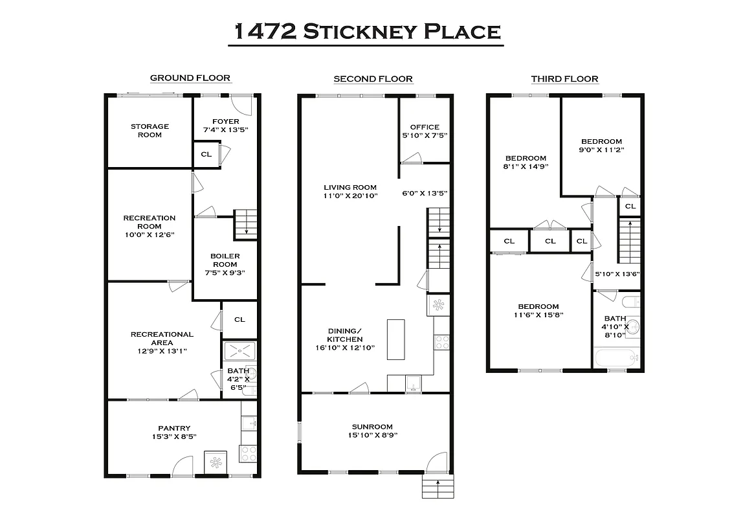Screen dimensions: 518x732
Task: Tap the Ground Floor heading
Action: click(190, 78)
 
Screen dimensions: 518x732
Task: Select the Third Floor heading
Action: click(564, 79)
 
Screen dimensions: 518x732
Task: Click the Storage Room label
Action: click(150, 131)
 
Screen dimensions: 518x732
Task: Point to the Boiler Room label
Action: click(225, 260)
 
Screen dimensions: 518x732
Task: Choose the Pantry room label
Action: click(174, 427)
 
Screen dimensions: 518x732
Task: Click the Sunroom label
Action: click(372, 427)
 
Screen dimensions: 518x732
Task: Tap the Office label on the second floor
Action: click(425, 127)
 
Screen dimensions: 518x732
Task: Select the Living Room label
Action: click(350, 188)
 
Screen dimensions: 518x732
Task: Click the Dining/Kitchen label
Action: click(344, 335)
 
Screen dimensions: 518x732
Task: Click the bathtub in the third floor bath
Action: click(616, 357)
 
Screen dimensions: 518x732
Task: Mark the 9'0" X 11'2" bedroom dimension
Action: click(601, 150)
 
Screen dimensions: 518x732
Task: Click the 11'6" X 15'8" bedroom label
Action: click(538, 315)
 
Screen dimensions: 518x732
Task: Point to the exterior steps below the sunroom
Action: click(438, 487)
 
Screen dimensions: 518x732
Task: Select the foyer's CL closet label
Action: click(206, 154)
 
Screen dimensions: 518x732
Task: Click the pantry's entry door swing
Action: click(183, 466)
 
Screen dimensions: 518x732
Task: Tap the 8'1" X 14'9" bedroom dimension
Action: click(526, 166)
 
